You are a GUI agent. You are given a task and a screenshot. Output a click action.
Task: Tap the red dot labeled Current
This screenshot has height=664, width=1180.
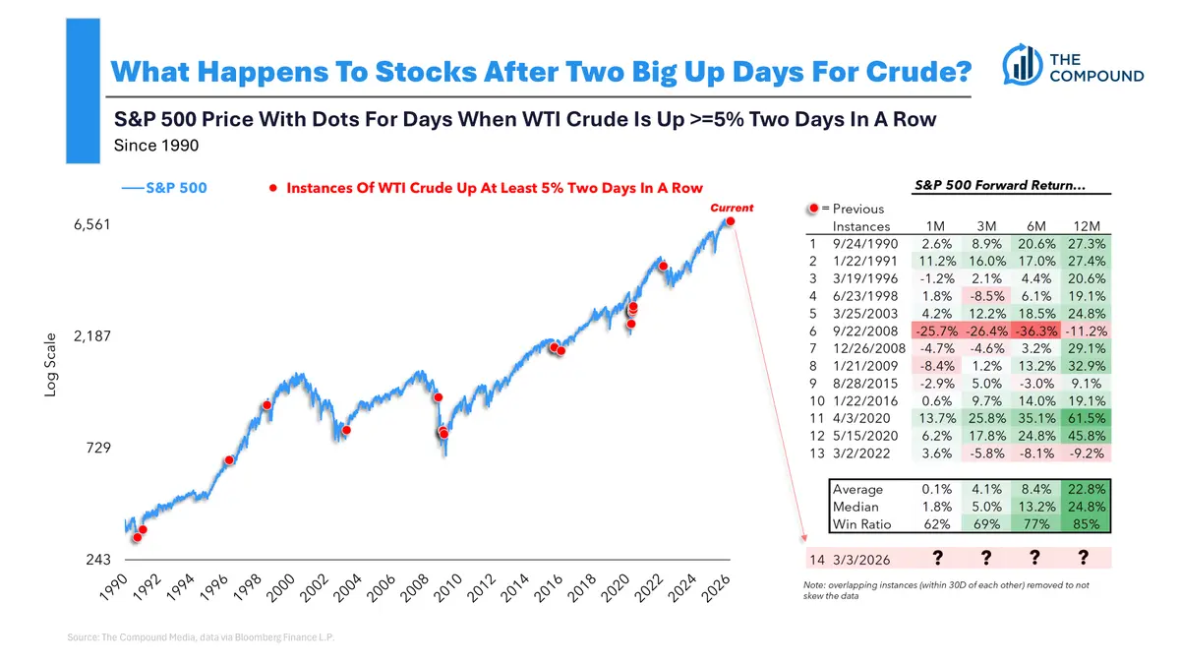point(730,221)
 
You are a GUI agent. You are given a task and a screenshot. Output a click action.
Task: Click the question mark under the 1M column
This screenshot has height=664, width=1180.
point(938,559)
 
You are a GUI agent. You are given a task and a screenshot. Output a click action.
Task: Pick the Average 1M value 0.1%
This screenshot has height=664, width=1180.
point(934,489)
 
